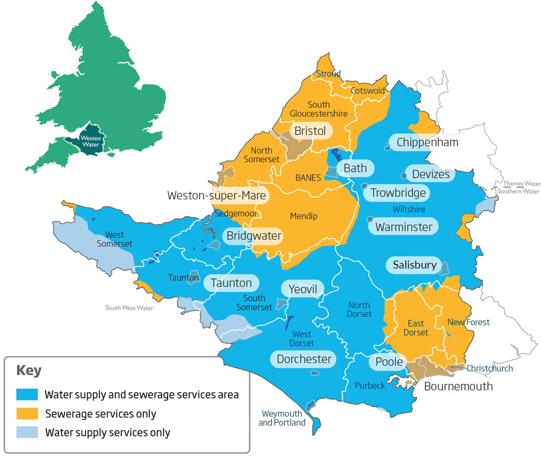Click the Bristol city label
pyautogui.click(x=310, y=131)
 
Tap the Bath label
pyautogui.click(x=355, y=168)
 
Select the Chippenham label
pyautogui.click(x=427, y=142)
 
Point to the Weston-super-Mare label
pyautogui.click(x=217, y=195)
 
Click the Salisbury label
pyautogui.click(x=414, y=265)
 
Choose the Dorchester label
pyautogui.click(x=304, y=359)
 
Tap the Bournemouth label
pyautogui.click(x=458, y=386)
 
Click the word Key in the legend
pyautogui.click(x=29, y=371)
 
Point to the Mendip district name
pyautogui.click(x=304, y=216)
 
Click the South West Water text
pyautogui.click(x=129, y=308)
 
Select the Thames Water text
pyautogui.click(x=522, y=184)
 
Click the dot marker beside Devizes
pyautogui.click(x=404, y=175)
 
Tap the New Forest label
pyautogui.click(x=468, y=322)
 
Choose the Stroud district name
pyautogui.click(x=328, y=74)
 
